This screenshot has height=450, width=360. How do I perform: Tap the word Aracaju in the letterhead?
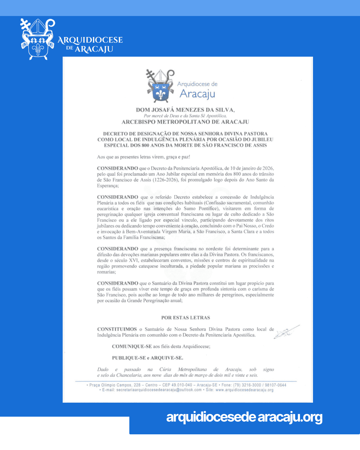click(197, 94)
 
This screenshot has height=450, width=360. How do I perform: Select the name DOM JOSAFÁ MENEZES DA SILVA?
click(185, 110)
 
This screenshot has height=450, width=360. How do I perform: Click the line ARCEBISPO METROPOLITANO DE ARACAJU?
click(185, 122)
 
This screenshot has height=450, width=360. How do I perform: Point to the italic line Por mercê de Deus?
click(185, 116)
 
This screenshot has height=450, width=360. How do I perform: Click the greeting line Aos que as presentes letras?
click(143, 157)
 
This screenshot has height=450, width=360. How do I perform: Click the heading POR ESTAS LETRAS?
click(186, 318)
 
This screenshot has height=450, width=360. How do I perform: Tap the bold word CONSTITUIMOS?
click(117, 329)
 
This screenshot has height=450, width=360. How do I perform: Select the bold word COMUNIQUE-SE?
click(132, 347)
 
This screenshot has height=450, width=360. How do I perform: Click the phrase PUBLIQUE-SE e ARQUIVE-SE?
click(147, 358)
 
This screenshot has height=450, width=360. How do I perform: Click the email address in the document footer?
click(159, 390)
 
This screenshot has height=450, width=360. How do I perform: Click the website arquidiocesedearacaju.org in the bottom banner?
click(244, 417)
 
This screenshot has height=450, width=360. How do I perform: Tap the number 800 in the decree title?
click(145, 145)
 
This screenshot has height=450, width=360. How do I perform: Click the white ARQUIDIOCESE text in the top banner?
click(90, 40)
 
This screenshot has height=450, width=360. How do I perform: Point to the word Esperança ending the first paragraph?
click(107, 186)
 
